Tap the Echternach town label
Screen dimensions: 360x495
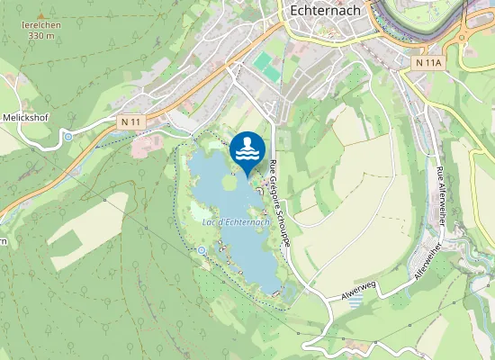(x=327, y=11)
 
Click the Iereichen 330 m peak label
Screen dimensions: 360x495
(x=40, y=31)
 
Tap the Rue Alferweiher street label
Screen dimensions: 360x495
(x=440, y=195)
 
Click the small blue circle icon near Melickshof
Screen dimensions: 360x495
(x=68, y=137)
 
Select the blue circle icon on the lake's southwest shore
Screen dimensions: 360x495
(x=202, y=249)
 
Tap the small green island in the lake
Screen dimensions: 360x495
(x=229, y=182)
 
